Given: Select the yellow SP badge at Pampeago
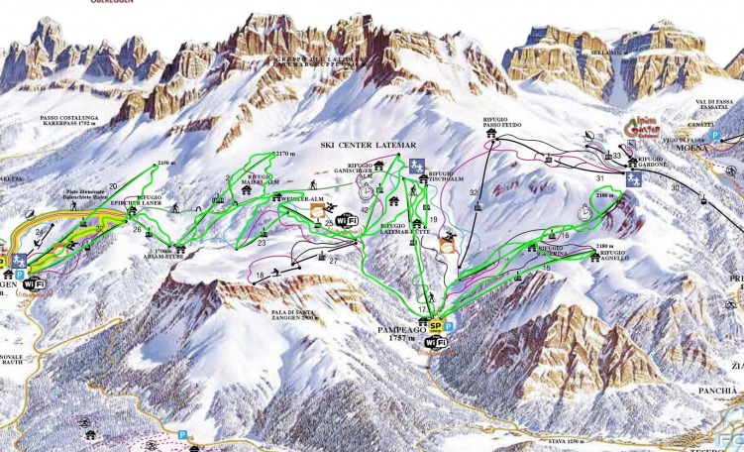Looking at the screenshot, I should (x=435, y=325).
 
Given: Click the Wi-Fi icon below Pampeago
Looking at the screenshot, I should (x=432, y=343).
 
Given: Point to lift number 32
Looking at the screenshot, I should (x=474, y=191).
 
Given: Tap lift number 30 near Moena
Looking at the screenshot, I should (x=676, y=186).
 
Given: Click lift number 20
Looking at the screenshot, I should (x=113, y=186).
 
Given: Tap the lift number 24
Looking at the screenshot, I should (x=39, y=233).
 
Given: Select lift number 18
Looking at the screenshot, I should (x=260, y=275).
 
